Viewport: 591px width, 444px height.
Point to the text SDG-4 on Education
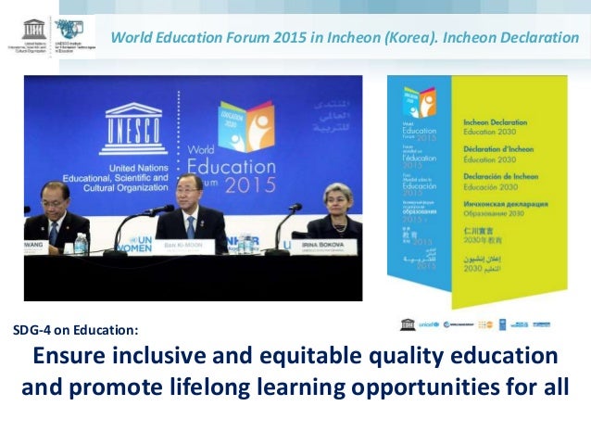pyautogui.click(x=75, y=329)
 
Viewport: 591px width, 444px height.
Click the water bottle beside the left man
pyautogui.click(x=81, y=243)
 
